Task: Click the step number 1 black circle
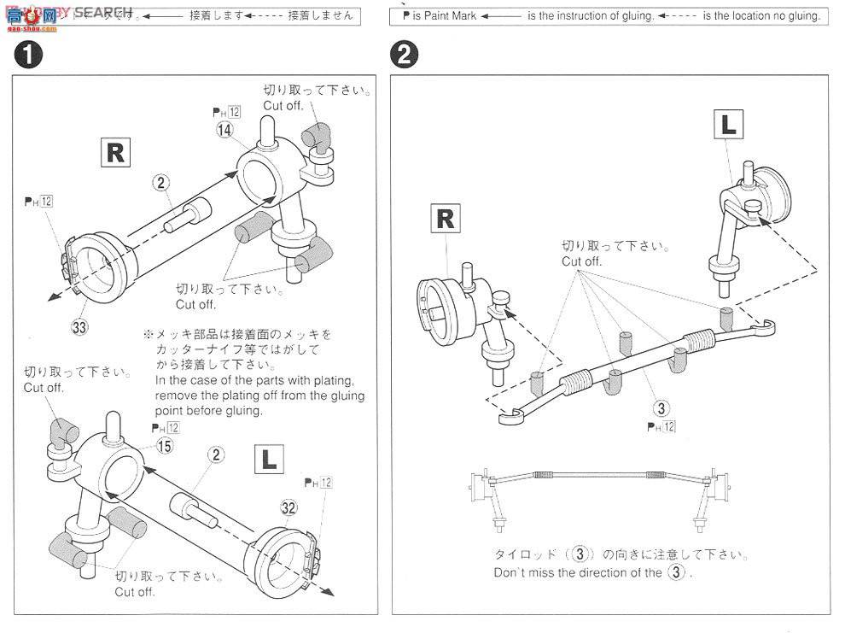28,56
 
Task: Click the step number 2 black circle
404,56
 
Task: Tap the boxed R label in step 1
115,152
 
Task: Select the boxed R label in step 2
446,219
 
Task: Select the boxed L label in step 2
728,125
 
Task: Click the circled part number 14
224,130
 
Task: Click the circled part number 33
80,325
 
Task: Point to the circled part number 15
164,445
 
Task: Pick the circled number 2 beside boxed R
162,182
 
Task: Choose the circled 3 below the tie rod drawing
661,407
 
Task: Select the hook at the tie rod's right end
766,325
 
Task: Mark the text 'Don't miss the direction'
563,573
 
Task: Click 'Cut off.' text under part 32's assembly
135,592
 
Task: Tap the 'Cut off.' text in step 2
581,261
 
